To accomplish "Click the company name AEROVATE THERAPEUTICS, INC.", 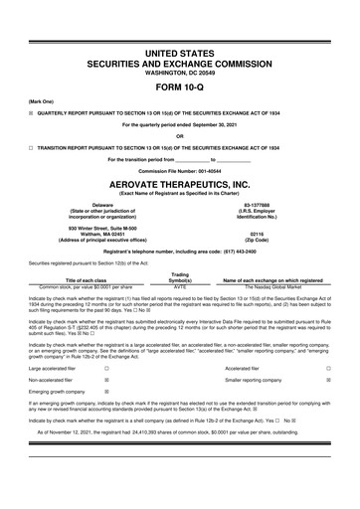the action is pos(179,185).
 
